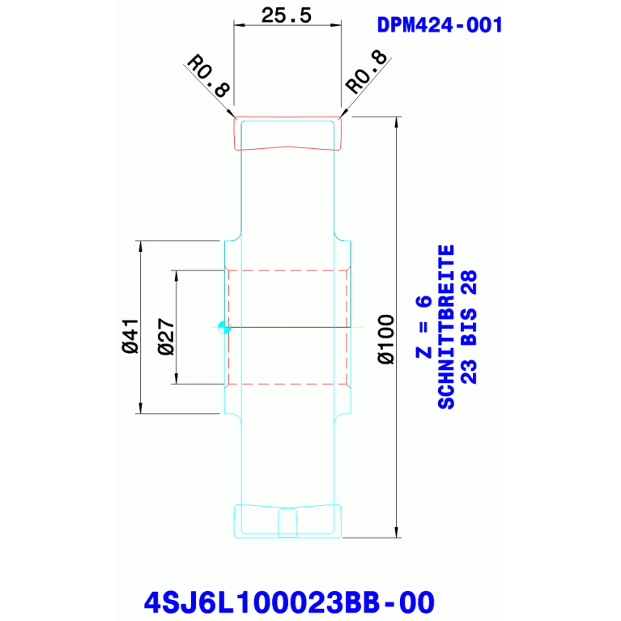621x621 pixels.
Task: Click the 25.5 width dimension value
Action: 287,15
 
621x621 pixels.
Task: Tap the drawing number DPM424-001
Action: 440,25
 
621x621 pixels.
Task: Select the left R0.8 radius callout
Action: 209,76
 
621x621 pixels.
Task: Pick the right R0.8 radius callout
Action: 365,72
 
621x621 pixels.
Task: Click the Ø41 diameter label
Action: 130,336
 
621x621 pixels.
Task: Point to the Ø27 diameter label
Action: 165,336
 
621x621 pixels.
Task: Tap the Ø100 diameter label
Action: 386,339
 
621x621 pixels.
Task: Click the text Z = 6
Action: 423,327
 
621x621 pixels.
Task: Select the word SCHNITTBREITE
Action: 446,327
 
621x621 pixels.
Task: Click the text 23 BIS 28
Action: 469,327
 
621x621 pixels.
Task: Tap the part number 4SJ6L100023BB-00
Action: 289,602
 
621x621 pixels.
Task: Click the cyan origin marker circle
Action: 224,327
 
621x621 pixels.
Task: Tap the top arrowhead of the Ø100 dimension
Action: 397,122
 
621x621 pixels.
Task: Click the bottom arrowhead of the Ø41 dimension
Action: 140,408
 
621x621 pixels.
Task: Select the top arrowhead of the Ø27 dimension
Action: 177,275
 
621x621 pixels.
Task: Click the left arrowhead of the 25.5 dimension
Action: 239,25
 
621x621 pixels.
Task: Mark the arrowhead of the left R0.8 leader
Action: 232,113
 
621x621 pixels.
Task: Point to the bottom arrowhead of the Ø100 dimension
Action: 397,532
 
